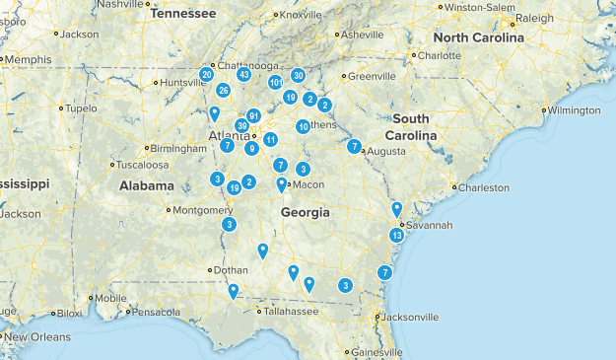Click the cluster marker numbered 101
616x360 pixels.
276,82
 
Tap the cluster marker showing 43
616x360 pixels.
243,75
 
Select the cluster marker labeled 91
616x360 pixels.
253,115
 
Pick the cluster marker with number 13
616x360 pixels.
396,236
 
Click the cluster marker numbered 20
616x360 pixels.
206,74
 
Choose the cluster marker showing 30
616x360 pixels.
298,75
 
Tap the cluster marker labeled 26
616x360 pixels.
224,91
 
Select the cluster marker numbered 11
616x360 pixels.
270,139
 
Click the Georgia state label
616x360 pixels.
305,213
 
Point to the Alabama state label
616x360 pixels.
147,185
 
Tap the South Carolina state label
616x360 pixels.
411,126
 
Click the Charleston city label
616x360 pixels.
485,187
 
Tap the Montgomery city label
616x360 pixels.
204,209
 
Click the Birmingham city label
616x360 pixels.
180,148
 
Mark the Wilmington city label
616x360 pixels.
575,110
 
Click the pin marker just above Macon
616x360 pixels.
282,184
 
